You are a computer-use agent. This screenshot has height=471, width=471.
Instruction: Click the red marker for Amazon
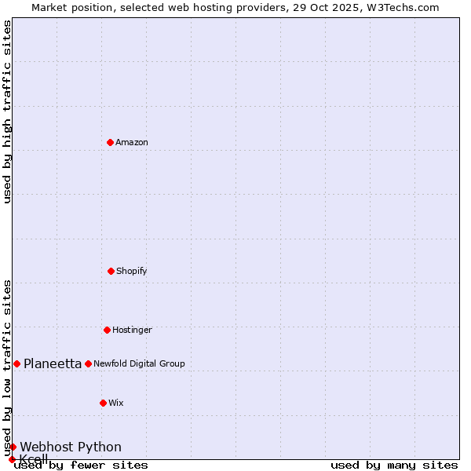point(110,142)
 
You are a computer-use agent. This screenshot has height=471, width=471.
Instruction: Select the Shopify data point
point(111,271)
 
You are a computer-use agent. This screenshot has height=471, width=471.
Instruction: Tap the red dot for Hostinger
point(107,330)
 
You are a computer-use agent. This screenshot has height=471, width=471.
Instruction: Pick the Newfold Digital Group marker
point(88,363)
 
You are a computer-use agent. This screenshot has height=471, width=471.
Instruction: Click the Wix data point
point(103,403)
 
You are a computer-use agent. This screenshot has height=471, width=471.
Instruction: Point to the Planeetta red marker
point(16,363)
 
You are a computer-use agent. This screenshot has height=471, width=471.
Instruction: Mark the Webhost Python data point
point(13,447)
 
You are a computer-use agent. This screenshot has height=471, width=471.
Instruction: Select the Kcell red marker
point(12,459)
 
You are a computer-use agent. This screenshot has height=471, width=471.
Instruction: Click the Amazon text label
point(132,143)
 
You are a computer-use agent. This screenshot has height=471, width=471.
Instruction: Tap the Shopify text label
point(132,272)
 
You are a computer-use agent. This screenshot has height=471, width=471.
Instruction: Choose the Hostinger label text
point(132,330)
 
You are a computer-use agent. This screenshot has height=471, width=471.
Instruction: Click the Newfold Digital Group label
point(139,364)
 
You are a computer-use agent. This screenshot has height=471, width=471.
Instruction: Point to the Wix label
point(116,403)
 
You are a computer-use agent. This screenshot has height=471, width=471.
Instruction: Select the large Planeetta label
point(53,363)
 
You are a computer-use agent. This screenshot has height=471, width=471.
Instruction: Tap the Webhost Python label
point(71,447)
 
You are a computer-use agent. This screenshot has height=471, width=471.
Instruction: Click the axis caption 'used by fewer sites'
point(81,466)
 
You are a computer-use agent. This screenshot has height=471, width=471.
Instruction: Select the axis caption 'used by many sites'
point(394,466)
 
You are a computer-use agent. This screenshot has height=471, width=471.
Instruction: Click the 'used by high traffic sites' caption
point(7,111)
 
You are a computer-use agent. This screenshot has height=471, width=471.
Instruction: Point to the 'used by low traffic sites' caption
point(7,367)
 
